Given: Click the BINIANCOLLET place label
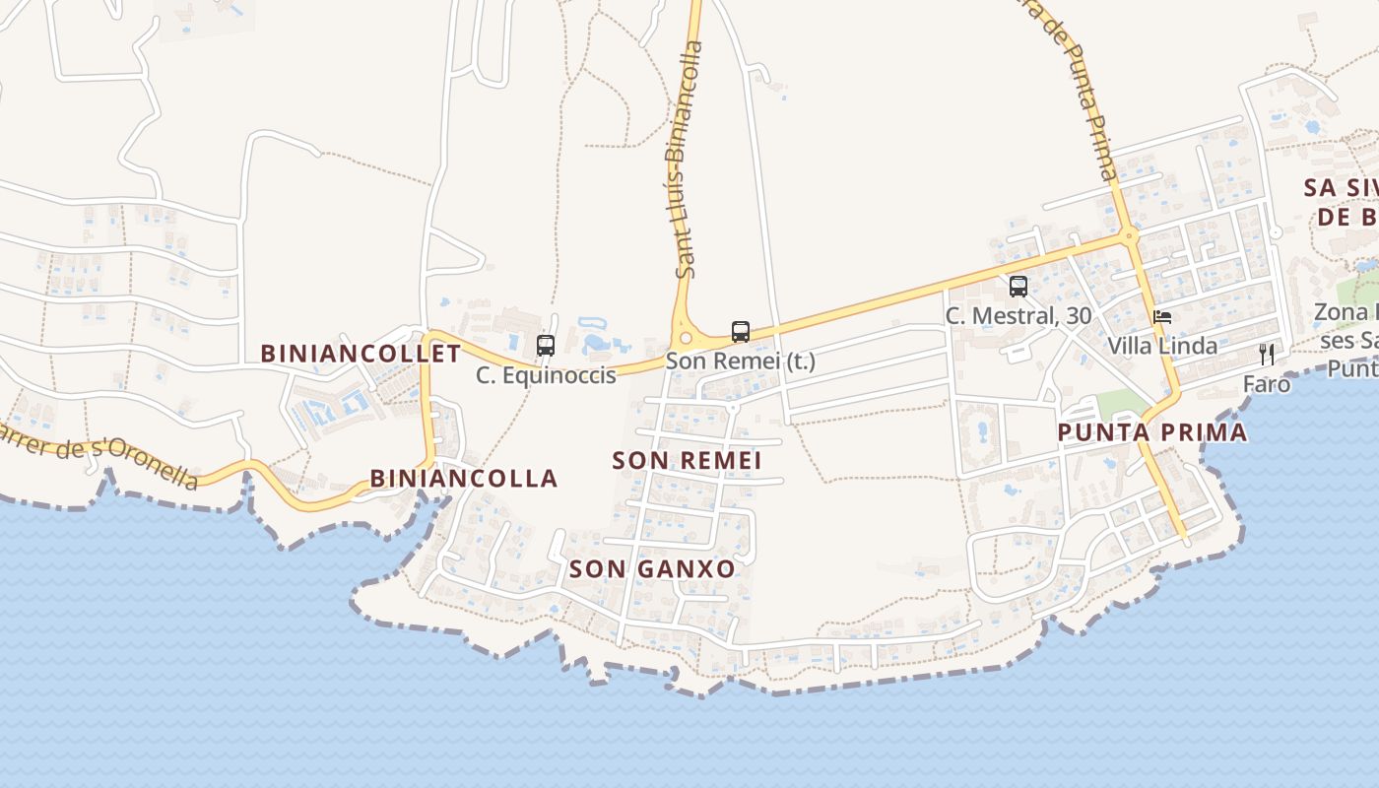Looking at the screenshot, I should tap(361, 353).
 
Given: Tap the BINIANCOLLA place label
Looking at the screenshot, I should tap(464, 479).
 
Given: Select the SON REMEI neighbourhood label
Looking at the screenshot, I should tap(687, 460).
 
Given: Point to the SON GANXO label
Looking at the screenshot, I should tap(652, 568).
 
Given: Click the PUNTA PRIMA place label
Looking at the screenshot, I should tap(1152, 432).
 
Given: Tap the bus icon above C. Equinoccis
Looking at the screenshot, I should tap(546, 346).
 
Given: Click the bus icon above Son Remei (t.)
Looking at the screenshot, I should tap(741, 332).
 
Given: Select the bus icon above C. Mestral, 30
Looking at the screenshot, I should tap(1018, 287).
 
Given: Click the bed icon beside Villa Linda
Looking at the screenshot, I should tap(1162, 317).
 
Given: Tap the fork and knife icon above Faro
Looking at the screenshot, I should tap(1267, 355).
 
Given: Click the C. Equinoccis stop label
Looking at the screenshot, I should tap(546, 375).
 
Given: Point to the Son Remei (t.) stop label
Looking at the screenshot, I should tap(741, 361).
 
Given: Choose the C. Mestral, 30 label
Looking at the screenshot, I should tap(1018, 316).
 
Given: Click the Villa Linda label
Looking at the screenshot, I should tap(1162, 346).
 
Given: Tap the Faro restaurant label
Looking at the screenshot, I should tap(1267, 384).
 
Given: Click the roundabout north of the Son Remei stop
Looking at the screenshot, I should tap(686, 338).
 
